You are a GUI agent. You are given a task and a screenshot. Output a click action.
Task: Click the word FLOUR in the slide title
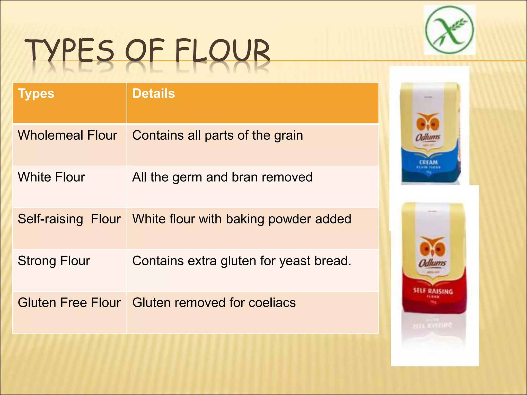pyautogui.click(x=223, y=50)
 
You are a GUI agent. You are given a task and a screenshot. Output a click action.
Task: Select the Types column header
pyautogui.click(x=36, y=93)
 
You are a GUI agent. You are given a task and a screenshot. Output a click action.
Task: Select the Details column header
pyautogui.click(x=154, y=93)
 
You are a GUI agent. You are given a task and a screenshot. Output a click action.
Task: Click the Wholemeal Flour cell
pyautogui.click(x=67, y=135)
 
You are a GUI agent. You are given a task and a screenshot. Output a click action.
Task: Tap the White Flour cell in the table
pyautogui.click(x=51, y=177)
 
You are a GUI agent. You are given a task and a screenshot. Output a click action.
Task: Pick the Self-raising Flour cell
pyautogui.click(x=69, y=219)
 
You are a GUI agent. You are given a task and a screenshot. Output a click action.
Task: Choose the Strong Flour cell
pyautogui.click(x=54, y=261)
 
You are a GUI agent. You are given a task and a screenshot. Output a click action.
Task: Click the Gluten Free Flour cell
pyautogui.click(x=69, y=303)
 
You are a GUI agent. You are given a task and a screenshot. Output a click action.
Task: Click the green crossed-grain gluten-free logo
pyautogui.click(x=449, y=30)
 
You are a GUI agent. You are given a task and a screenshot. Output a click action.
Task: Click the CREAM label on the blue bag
pyautogui.click(x=428, y=163)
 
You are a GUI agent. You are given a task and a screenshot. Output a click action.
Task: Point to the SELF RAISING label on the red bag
pyautogui.click(x=433, y=291)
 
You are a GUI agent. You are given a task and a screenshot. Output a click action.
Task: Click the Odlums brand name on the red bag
pyautogui.click(x=432, y=263)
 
